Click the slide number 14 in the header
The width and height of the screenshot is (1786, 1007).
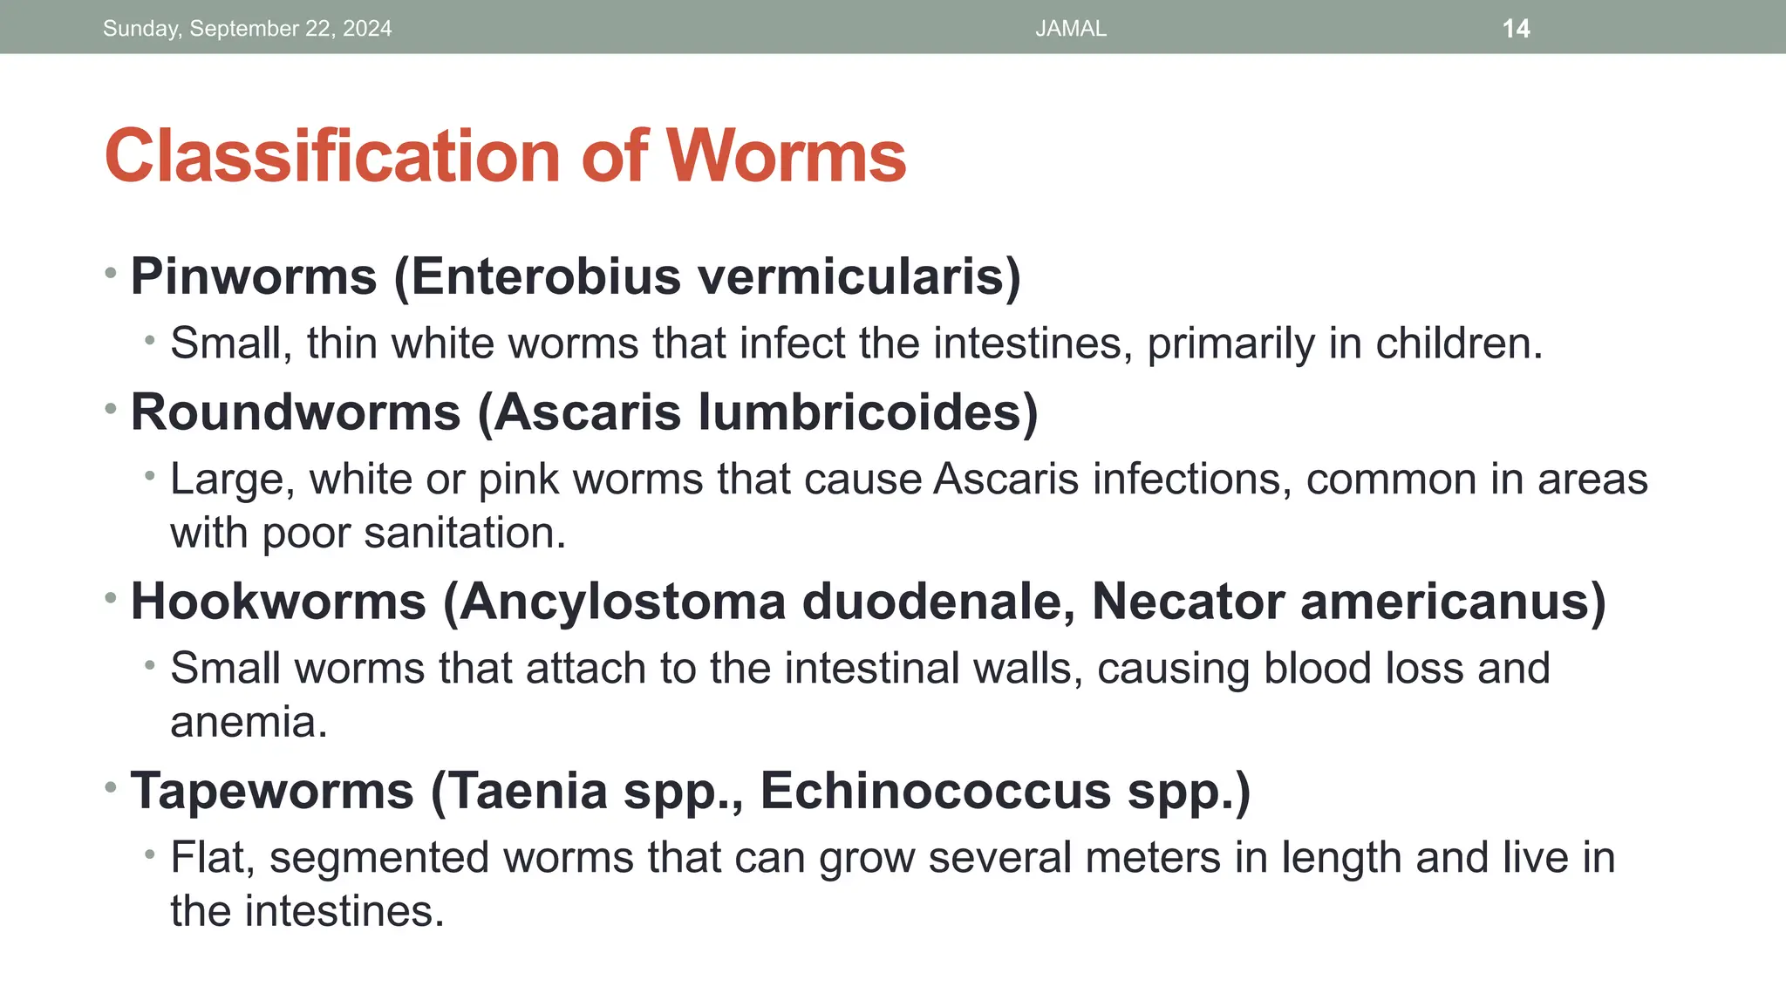click(x=1516, y=29)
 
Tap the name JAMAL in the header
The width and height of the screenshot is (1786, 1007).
click(x=1071, y=29)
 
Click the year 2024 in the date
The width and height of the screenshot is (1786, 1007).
click(x=367, y=29)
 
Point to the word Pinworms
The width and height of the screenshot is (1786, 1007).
click(x=254, y=276)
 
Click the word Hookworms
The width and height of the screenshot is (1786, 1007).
click(x=278, y=601)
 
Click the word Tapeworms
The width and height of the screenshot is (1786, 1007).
click(x=272, y=791)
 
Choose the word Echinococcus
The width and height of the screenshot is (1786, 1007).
click(x=936, y=791)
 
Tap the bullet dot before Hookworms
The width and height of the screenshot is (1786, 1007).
click(x=111, y=598)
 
